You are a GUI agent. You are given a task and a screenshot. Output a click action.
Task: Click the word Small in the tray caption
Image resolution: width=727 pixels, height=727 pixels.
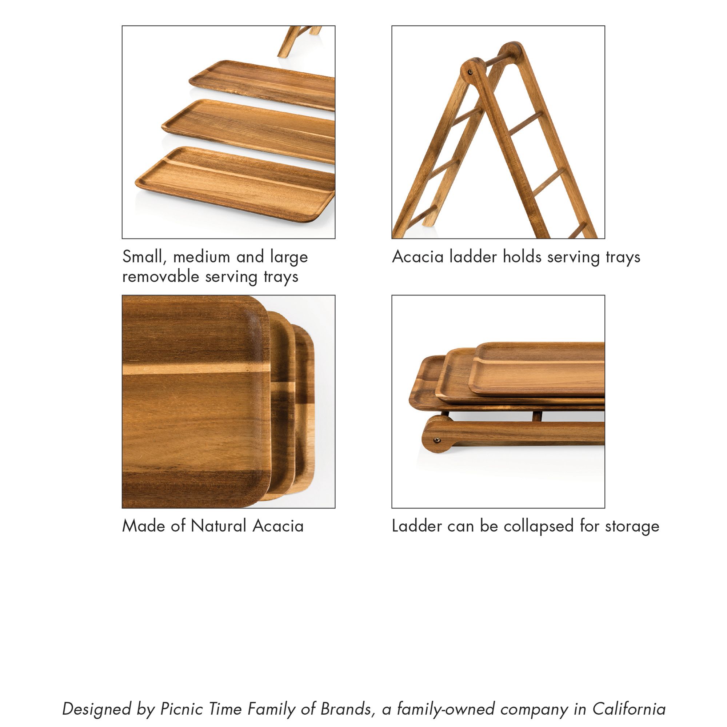pyautogui.click(x=145, y=257)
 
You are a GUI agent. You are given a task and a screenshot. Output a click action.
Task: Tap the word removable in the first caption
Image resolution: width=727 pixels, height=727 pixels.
pyautogui.click(x=160, y=277)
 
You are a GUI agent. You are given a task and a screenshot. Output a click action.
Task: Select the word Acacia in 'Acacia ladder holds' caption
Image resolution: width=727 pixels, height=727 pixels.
pyautogui.click(x=418, y=257)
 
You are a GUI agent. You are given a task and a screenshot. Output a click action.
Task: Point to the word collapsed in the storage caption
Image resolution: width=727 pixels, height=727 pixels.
pyautogui.click(x=538, y=526)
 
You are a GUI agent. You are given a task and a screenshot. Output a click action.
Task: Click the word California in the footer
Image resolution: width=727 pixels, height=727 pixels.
pyautogui.click(x=629, y=709)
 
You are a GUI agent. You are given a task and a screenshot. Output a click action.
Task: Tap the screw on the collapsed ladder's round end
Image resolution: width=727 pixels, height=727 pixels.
pyautogui.click(x=436, y=440)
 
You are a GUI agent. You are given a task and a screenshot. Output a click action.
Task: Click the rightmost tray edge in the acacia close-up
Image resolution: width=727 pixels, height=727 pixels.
pyautogui.click(x=305, y=410)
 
